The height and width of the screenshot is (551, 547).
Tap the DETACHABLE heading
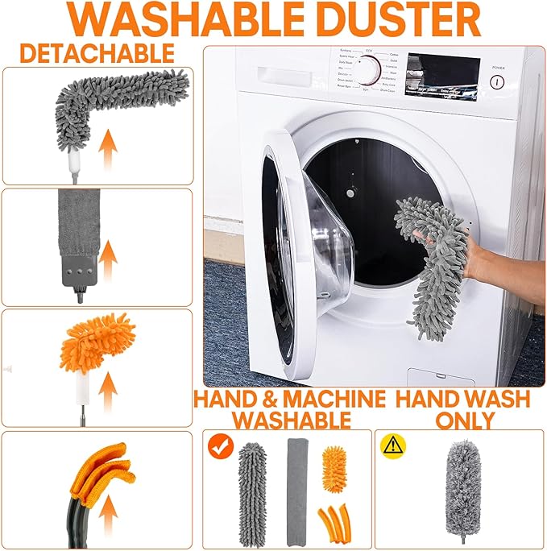tap(97, 53)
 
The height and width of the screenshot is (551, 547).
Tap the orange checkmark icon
tap(218, 445)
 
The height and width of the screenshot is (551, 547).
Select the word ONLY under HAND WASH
tap(465, 420)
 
